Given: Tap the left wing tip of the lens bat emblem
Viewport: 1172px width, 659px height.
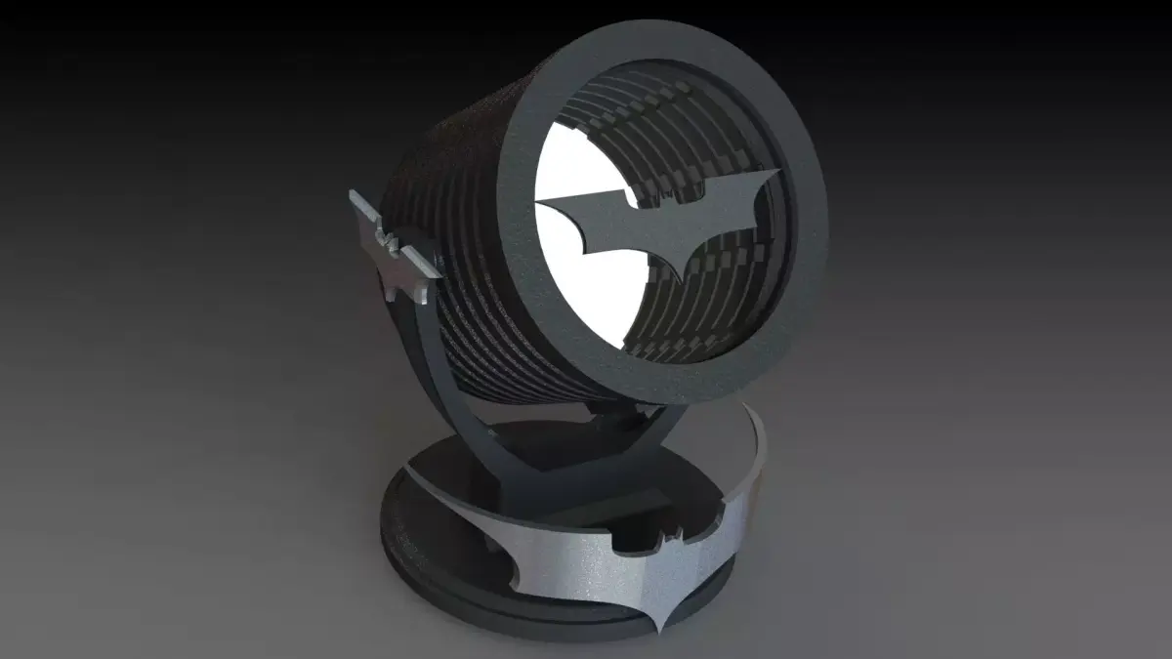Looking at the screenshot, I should [540, 201].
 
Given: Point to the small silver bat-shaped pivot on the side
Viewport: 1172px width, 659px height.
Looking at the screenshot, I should [391, 244].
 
